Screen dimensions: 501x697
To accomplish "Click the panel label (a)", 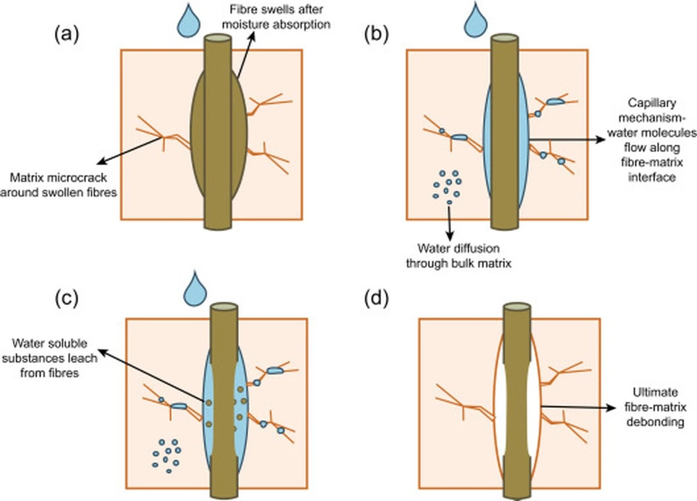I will point(67,35).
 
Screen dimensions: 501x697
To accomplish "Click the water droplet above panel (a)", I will point(189,22).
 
